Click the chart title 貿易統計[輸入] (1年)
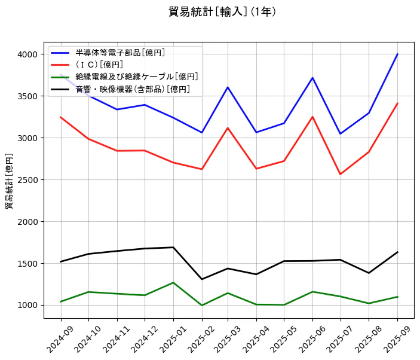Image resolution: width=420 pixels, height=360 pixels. pos(222,12)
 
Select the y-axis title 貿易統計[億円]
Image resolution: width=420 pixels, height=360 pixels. pos(9,181)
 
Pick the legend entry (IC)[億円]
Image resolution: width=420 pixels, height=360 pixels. pos(99,65)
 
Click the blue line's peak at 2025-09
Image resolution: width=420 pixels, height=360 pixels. pos(397,54)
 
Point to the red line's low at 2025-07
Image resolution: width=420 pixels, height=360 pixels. pos(341,174)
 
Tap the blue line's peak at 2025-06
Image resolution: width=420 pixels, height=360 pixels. pos(312,78)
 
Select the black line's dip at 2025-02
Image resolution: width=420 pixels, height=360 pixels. pos(201,279)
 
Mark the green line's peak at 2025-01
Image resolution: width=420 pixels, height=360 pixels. pos(173,282)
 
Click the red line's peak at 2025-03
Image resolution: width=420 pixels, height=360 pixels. pos(228,128)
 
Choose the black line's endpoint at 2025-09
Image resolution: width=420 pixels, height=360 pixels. pos(397,252)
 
